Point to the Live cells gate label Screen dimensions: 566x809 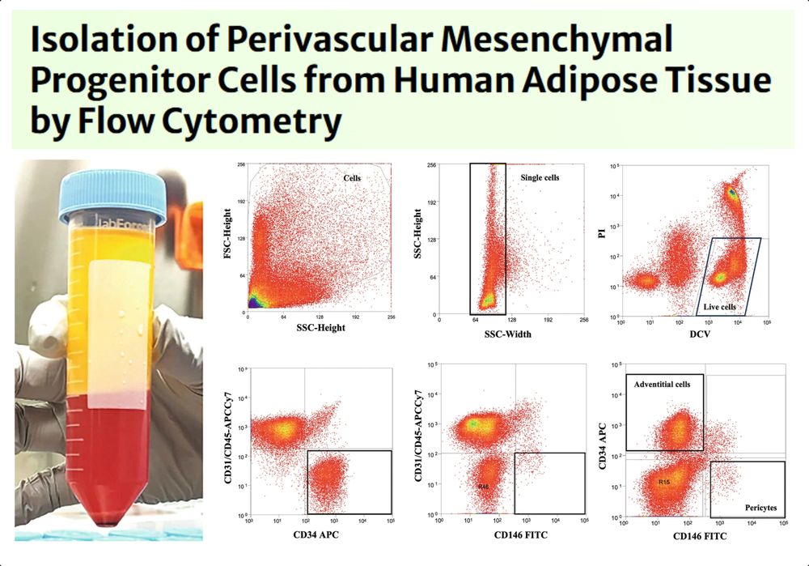coord(718,308)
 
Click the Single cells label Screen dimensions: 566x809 coord(540,177)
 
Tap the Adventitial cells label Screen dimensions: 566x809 coord(663,384)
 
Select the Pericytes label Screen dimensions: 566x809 coord(760,508)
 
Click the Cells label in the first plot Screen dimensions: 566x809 coord(353,177)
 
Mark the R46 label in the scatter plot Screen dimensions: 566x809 coord(484,486)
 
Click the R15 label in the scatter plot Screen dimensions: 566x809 coord(664,481)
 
